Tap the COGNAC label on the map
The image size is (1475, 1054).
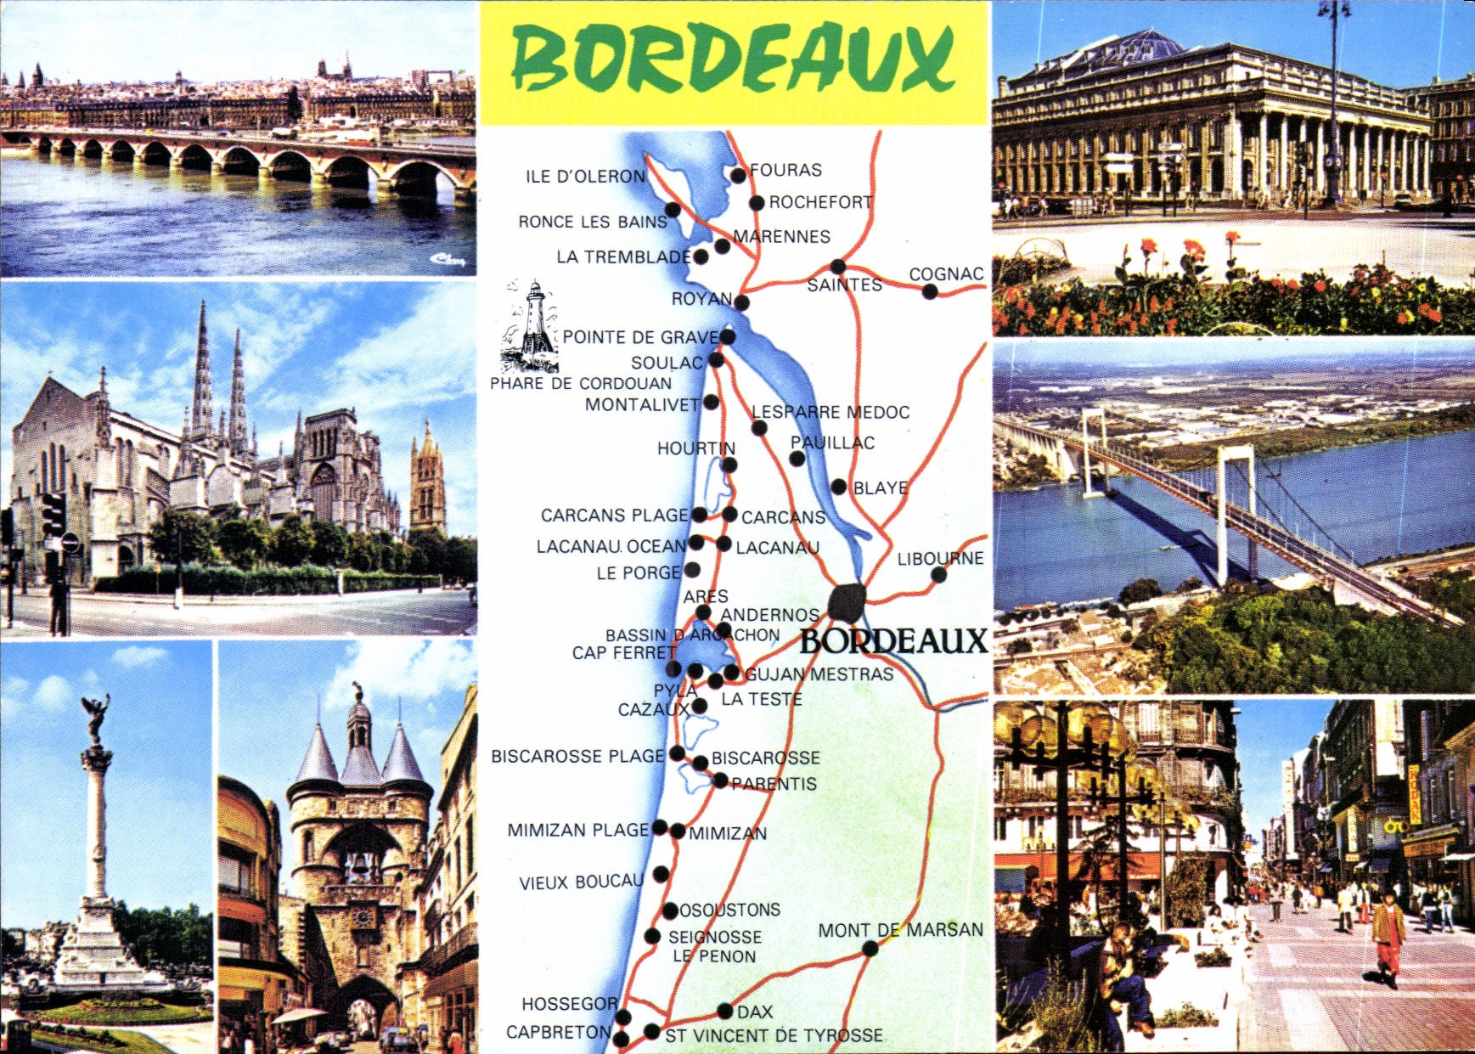click(946, 273)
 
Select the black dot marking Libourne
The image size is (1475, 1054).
click(938, 575)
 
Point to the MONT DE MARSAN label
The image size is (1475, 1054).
click(900, 930)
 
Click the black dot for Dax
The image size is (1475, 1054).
click(724, 1011)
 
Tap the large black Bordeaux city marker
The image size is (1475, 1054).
click(847, 602)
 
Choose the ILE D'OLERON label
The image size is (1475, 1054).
click(585, 177)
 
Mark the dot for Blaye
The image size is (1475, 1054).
click(839, 487)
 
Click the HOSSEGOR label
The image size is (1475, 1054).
click(569, 1004)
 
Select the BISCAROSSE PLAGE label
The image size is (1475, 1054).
click(577, 756)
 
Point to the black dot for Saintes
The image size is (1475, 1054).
click(838, 267)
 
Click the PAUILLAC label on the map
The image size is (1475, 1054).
click(832, 442)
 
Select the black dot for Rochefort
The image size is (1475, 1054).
click(757, 203)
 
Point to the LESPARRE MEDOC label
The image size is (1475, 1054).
click(830, 413)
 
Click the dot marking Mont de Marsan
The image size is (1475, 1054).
click(870, 949)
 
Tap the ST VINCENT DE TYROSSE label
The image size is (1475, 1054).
click(774, 1035)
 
